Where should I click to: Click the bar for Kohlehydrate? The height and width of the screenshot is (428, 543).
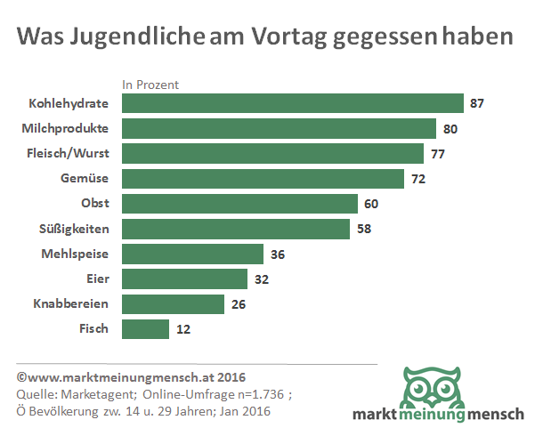[292, 103]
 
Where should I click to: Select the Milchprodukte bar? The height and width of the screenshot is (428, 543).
[279, 128]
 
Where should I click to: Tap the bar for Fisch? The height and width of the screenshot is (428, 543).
[145, 329]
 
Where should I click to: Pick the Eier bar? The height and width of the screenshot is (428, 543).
[184, 279]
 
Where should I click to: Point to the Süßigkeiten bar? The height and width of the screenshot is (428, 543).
[235, 229]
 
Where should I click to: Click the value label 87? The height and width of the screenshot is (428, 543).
[477, 103]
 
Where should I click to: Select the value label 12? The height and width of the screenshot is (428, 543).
[182, 329]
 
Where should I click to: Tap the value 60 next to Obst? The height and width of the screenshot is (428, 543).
[371, 204]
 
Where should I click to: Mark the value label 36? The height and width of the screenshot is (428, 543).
[277, 254]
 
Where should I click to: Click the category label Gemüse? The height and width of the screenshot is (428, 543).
[86, 179]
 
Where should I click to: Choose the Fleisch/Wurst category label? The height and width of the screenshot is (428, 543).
[68, 153]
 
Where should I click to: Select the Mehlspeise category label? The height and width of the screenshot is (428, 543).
[76, 254]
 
